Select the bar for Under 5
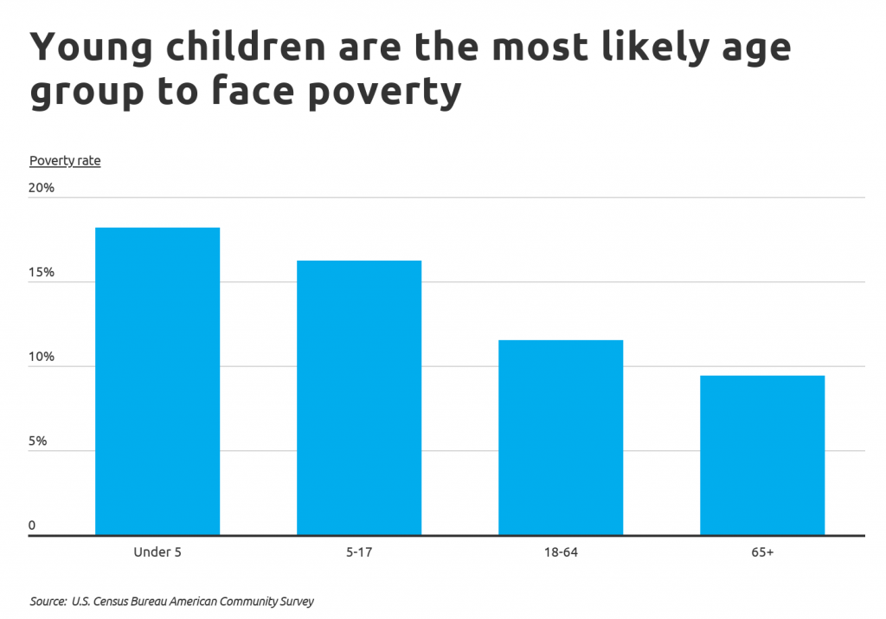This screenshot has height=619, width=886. click(x=157, y=381)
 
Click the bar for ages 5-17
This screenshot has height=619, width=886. click(x=359, y=397)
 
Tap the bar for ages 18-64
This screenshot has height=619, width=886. click(x=561, y=437)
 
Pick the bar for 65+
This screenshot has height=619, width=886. click(x=762, y=455)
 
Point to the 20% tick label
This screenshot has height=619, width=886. click(x=42, y=188)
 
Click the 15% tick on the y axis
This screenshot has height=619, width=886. click(x=42, y=272)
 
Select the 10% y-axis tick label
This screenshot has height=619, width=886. click(x=42, y=357)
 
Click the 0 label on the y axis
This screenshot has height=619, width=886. click(x=32, y=526)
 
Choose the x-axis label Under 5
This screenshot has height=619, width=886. click(x=157, y=551)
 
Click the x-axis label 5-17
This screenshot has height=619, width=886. click(x=359, y=551)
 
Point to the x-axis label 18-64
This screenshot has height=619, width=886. click(x=561, y=551)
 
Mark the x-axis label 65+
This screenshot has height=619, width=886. click(x=762, y=551)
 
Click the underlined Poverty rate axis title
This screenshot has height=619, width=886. click(x=65, y=161)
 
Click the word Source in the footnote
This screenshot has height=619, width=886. click(x=48, y=601)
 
